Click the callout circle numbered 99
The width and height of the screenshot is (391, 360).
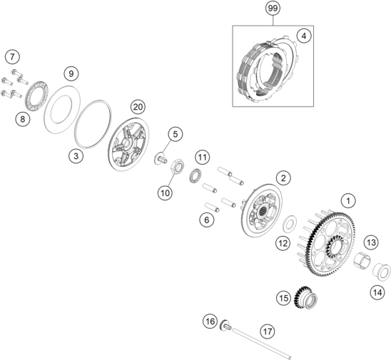(x=273, y=9)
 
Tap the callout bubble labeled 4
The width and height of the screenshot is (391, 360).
(x=304, y=36)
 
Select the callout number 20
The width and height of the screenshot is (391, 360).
(x=138, y=107)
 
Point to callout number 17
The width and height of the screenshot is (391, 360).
(x=268, y=331)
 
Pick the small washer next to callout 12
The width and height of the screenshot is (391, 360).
(x=289, y=224)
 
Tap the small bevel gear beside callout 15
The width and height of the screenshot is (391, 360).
(x=305, y=297)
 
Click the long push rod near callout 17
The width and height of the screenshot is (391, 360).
(x=262, y=344)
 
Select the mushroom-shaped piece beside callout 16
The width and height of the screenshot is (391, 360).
(x=225, y=325)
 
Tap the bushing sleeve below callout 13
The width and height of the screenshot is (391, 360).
(x=362, y=261)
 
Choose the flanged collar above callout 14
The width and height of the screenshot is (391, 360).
(x=381, y=270)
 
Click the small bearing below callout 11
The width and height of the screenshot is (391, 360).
(x=195, y=175)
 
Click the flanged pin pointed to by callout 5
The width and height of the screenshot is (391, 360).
(x=160, y=159)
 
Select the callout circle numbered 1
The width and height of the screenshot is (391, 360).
(x=348, y=201)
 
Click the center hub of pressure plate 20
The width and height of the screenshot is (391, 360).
(x=126, y=145)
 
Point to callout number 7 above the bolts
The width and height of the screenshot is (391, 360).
(x=12, y=57)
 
